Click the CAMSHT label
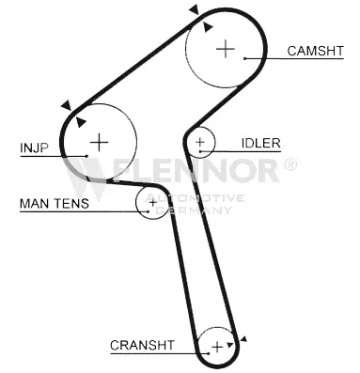[315, 51]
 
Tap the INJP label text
[35, 148]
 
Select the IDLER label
[260, 143]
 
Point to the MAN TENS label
[55, 203]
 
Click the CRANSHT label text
[142, 345]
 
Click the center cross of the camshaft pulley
[226, 49]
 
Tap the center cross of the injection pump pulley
[99, 142]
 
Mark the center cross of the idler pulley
[199, 142]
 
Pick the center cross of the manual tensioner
[152, 203]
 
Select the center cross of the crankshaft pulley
[217, 347]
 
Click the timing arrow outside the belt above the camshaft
[195, 9]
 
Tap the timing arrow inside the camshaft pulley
[208, 27]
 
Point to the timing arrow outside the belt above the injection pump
[67, 105]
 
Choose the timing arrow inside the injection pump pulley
[81, 122]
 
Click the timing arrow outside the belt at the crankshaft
[243, 338]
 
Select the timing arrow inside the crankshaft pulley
[230, 345]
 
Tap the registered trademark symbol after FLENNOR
[290, 164]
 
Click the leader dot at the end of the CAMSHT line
[244, 58]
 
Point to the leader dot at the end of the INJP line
[86, 156]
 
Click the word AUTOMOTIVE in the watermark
[196, 198]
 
